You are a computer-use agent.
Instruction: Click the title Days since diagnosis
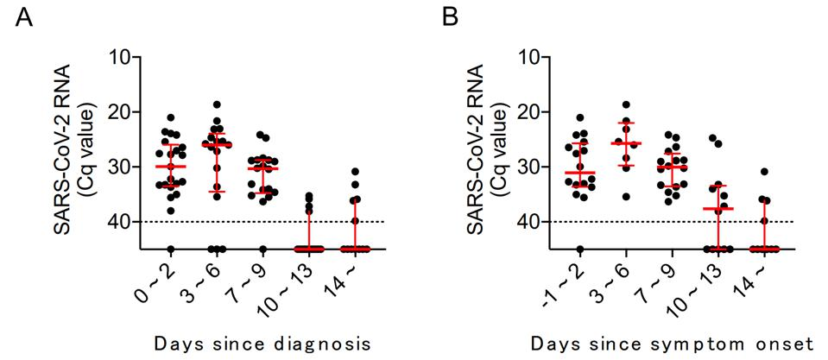tap(262, 344)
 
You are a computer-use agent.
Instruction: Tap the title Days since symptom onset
tap(673, 344)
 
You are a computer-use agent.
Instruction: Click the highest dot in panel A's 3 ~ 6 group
tap(217, 104)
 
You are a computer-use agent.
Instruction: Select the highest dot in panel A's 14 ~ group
tap(356, 172)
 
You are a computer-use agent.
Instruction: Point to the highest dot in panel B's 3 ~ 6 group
tap(626, 104)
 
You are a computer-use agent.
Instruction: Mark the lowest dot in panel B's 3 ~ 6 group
tap(626, 196)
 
